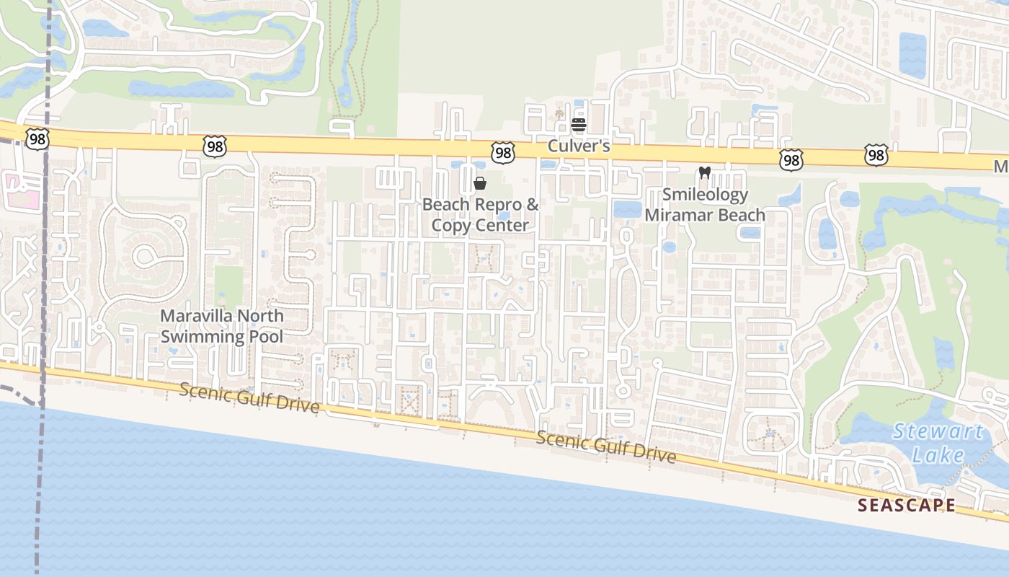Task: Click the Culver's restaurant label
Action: click(x=579, y=146)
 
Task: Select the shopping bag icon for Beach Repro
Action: click(x=480, y=183)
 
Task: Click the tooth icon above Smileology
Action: click(x=705, y=173)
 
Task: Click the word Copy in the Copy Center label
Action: click(x=448, y=225)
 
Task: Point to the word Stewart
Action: click(x=938, y=432)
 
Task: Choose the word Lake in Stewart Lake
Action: click(x=938, y=455)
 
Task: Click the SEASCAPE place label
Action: click(x=907, y=505)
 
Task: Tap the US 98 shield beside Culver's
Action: click(x=503, y=152)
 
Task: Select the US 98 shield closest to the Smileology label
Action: click(x=791, y=159)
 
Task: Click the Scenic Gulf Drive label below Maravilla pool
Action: click(x=249, y=397)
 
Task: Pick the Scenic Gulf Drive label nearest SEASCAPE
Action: click(x=606, y=447)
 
